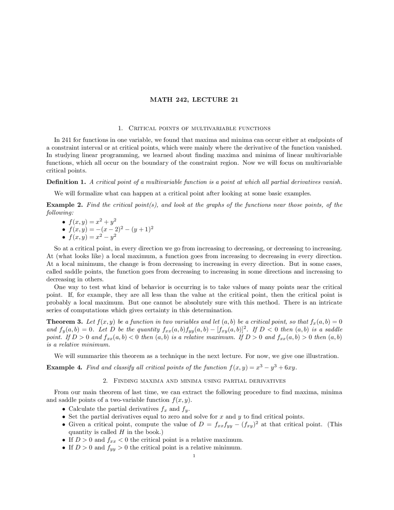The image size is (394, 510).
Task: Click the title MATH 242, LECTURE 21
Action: click(x=194, y=100)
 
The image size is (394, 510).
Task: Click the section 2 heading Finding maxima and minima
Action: click(x=194, y=381)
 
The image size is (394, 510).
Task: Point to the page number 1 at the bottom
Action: click(x=194, y=456)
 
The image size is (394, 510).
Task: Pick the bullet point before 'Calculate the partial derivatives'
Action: click(x=63, y=410)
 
